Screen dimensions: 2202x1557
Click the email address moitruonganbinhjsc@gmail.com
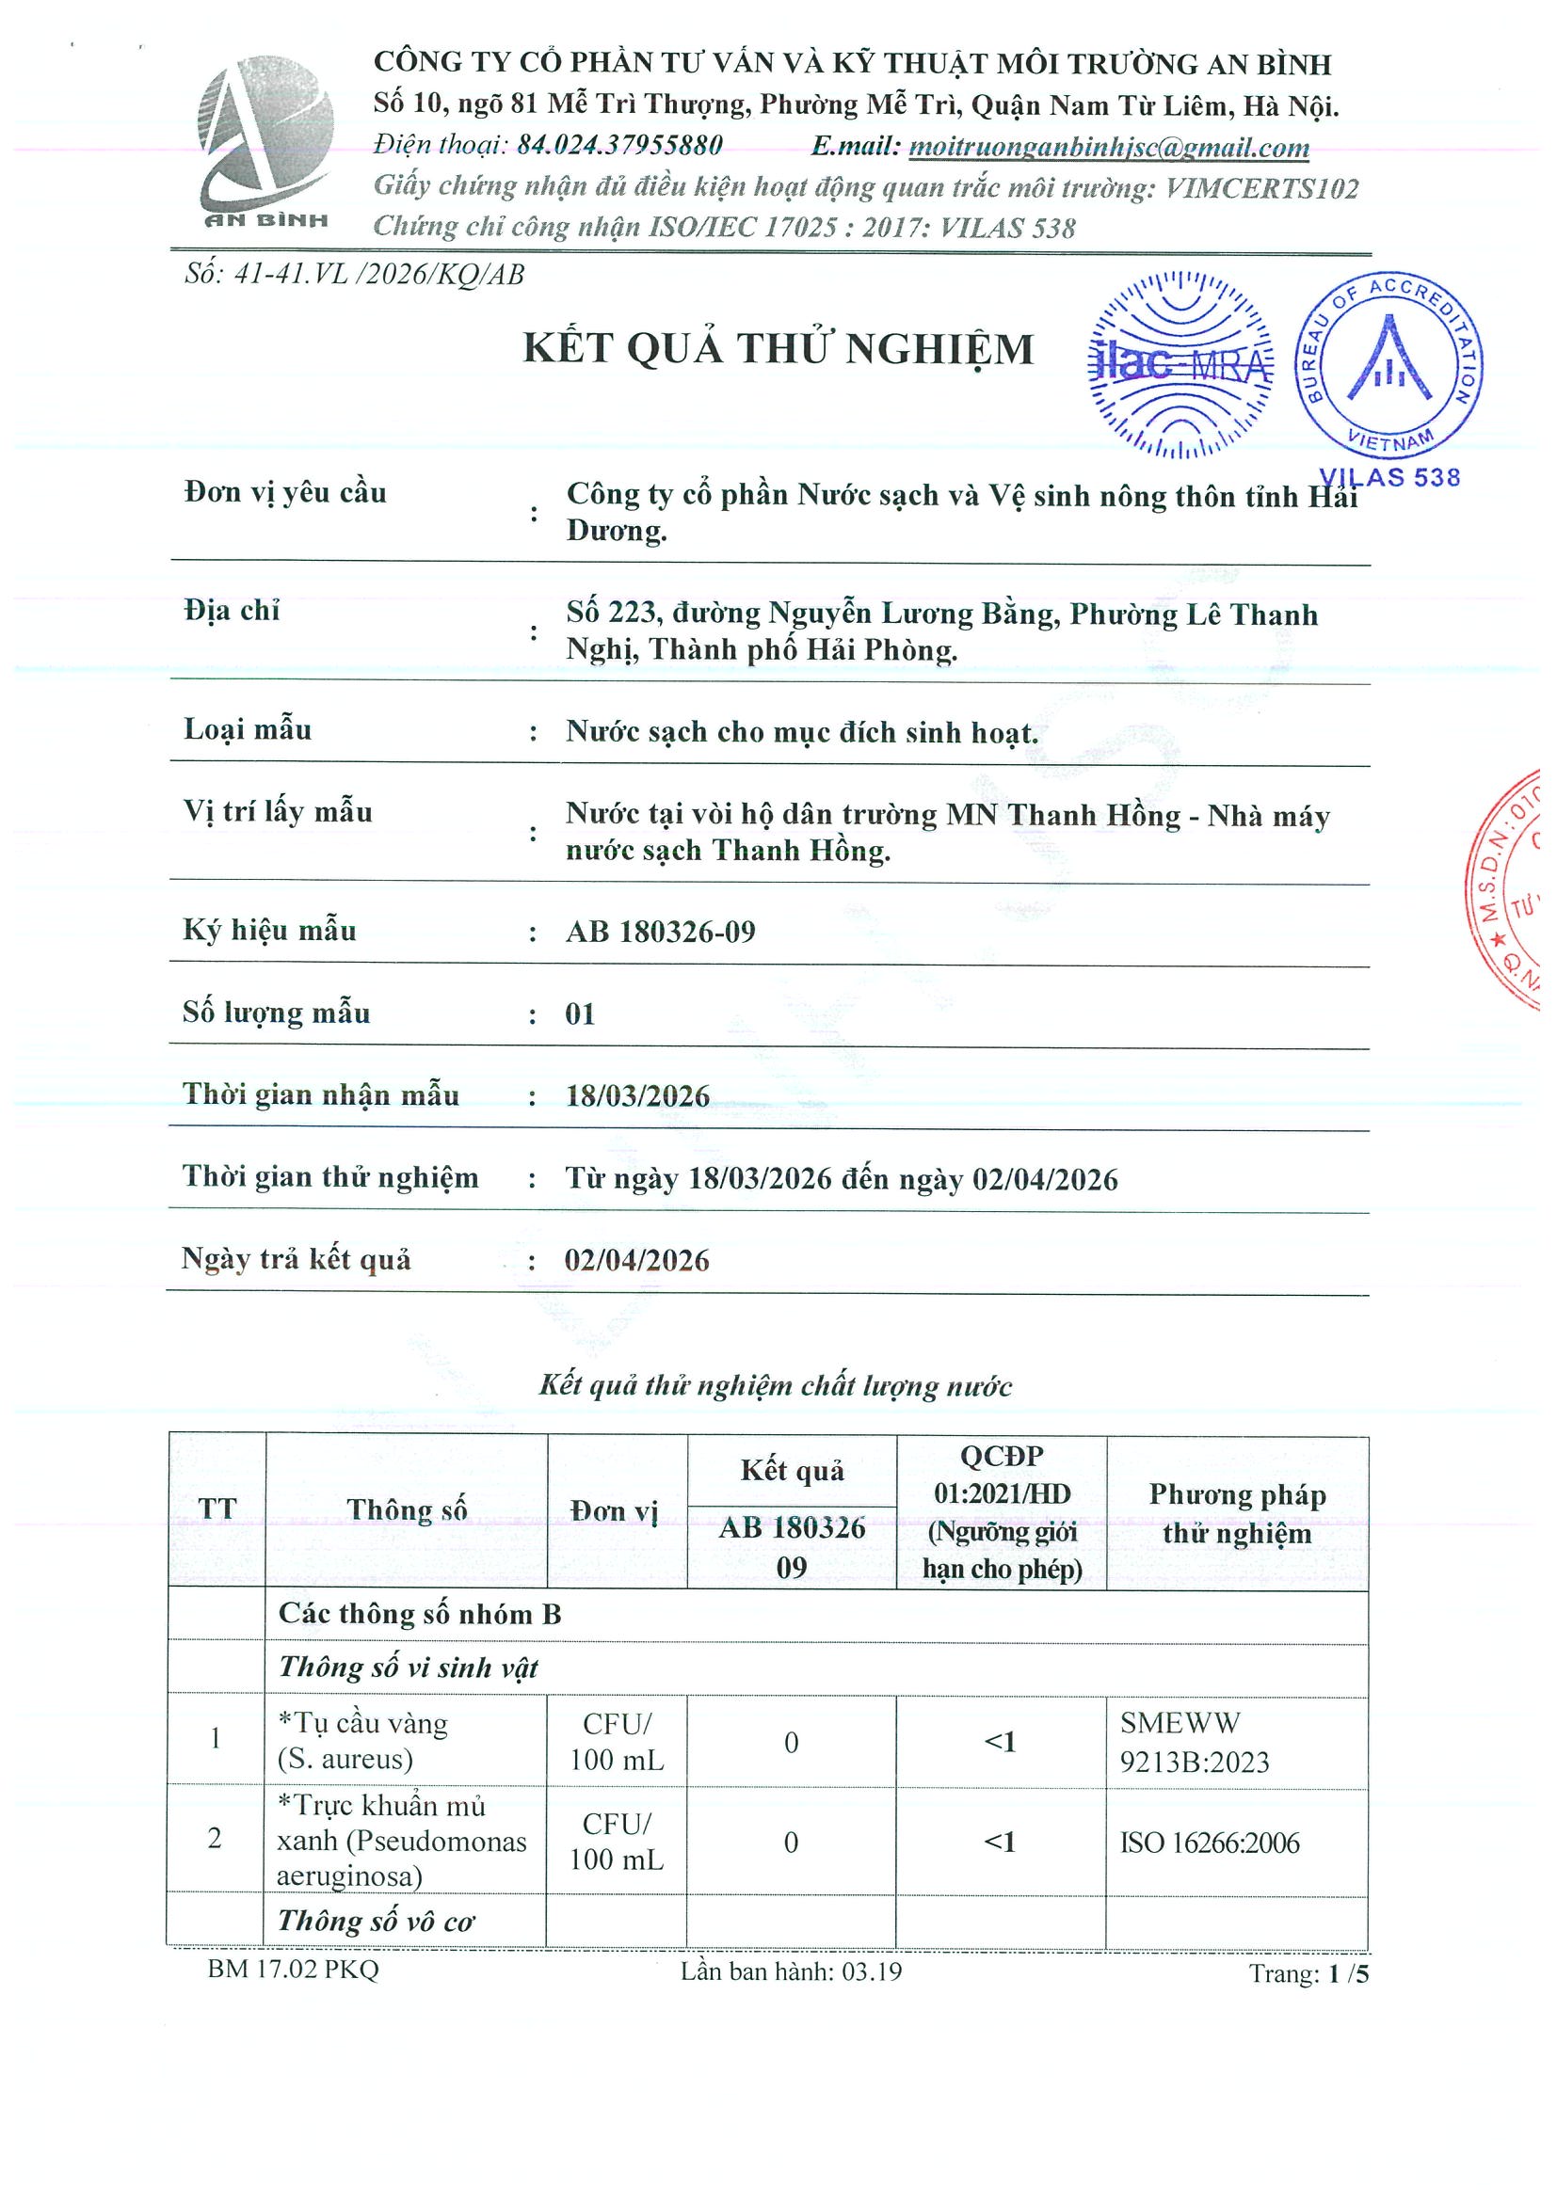tap(1108, 147)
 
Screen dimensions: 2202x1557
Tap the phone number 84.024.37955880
tap(619, 145)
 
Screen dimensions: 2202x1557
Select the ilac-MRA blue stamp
tap(1180, 364)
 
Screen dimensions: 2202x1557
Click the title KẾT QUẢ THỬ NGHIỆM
tap(778, 348)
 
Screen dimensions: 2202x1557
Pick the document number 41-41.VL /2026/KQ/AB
tap(379, 274)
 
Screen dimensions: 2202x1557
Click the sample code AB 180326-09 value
tap(660, 932)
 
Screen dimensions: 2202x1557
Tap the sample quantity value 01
tap(581, 1013)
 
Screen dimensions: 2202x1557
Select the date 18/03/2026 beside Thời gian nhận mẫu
tap(637, 1096)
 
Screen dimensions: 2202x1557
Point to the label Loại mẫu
tap(248, 730)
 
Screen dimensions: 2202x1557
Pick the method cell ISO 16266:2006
tap(1209, 1843)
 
